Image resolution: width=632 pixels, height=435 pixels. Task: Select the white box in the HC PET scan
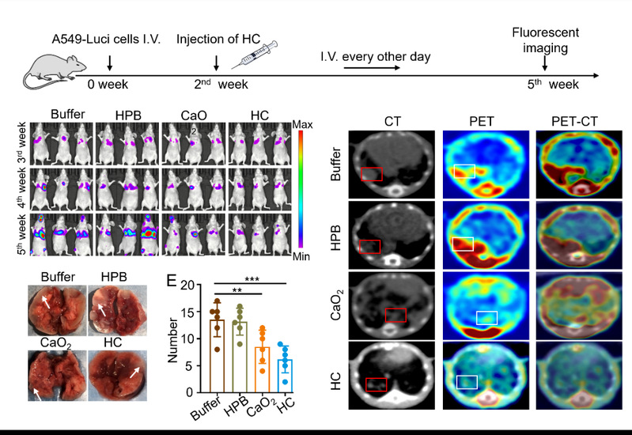[x=467, y=382]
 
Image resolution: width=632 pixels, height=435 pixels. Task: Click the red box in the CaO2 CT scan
[x=395, y=316]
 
